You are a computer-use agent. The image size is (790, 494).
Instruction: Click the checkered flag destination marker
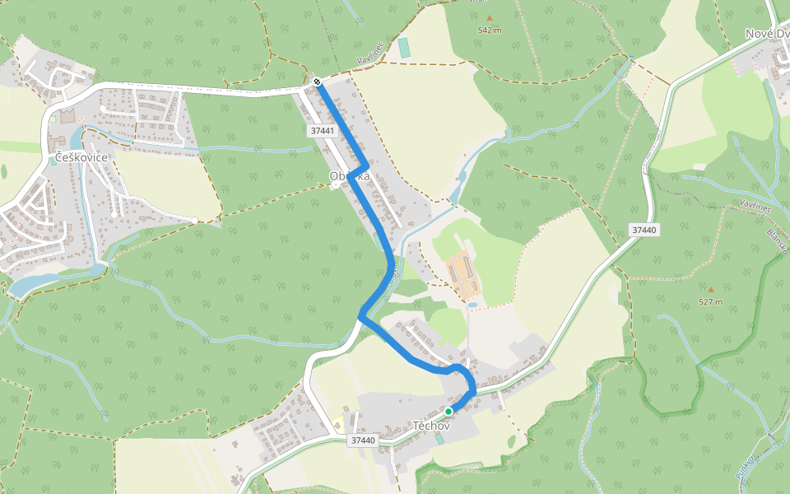317,81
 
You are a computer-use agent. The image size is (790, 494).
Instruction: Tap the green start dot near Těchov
448,411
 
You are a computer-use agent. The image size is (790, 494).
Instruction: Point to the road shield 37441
323,131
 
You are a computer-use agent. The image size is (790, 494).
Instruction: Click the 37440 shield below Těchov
362,440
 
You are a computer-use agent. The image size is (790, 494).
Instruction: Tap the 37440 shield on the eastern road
644,230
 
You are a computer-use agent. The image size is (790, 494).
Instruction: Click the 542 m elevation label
490,30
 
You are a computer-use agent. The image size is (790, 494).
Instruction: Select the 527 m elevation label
710,302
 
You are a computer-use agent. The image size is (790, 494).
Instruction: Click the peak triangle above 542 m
490,17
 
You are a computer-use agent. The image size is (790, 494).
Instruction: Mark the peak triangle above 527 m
710,289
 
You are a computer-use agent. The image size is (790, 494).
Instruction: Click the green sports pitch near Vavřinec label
404,48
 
